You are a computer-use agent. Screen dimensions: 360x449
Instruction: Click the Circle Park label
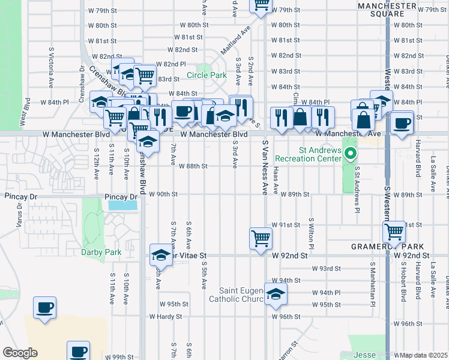point(206,75)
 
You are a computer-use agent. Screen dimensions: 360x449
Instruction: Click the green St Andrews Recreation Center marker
point(351,156)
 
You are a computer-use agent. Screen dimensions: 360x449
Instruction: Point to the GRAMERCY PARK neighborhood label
point(387,247)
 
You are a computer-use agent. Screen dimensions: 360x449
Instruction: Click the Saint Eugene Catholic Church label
point(235,295)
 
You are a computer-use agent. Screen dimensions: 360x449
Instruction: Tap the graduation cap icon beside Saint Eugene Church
point(276,294)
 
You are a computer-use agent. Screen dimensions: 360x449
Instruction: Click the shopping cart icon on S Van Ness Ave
point(261,238)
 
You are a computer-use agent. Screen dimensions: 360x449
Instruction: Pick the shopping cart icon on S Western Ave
point(395,230)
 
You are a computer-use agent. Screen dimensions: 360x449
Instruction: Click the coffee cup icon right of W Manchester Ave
point(402,123)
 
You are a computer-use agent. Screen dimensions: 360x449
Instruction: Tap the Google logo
point(20,353)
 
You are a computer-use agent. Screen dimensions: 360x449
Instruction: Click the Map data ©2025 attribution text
point(420,355)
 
